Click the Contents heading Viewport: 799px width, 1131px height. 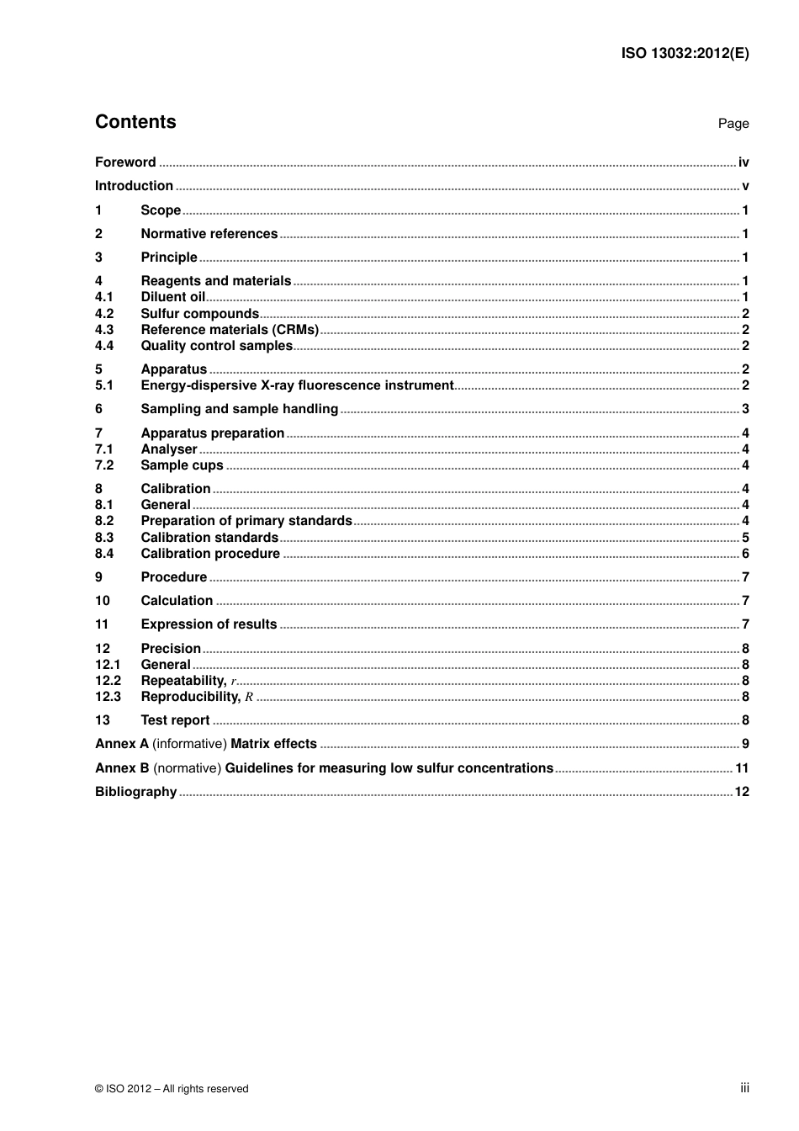pos(135,122)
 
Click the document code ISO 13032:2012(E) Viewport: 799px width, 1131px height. pos(685,53)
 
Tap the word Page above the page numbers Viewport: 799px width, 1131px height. pos(733,124)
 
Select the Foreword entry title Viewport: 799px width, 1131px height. pos(125,162)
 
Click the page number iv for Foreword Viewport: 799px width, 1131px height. pos(743,162)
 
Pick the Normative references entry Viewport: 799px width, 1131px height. pos(209,234)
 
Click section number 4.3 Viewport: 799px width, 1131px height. pos(104,330)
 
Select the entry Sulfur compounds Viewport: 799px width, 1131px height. pos(199,314)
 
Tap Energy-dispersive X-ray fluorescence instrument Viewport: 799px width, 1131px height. pos(297,385)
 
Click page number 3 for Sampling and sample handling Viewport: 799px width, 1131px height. pos(745,409)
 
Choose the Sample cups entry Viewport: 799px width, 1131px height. pos(182,465)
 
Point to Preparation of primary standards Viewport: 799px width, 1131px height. pos(246,521)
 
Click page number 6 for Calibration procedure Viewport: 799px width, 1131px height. pos(745,554)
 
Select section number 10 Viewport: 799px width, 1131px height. pos(103,601)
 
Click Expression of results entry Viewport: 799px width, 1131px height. pos(209,624)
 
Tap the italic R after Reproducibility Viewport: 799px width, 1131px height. pos(249,697)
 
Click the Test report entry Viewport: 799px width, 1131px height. pos(175,720)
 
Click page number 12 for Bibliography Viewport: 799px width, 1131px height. pos(742,792)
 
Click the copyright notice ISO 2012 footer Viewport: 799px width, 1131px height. pos(172,1089)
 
